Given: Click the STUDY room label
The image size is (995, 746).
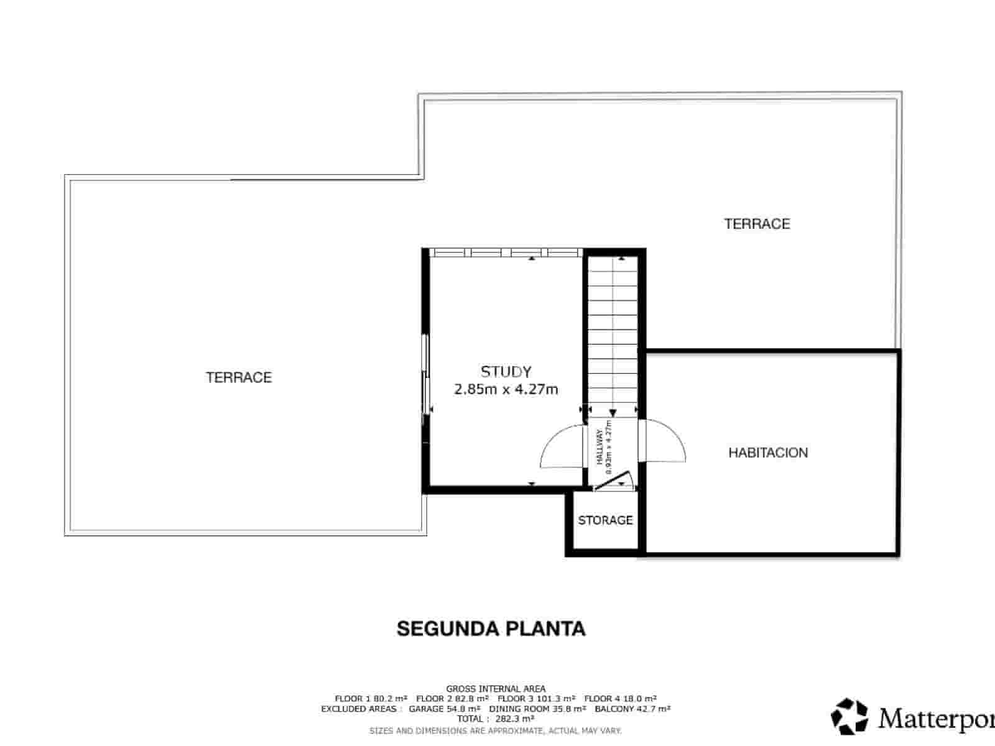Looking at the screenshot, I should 506,372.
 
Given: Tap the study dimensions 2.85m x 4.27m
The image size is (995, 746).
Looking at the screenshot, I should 506,390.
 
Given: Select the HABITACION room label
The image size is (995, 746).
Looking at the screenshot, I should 768,453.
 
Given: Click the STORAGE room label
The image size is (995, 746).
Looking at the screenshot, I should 605,520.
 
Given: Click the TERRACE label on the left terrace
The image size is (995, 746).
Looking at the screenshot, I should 239,377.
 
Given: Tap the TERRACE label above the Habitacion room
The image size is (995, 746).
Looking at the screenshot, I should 757,224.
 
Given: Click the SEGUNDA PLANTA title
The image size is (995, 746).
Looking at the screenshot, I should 491,629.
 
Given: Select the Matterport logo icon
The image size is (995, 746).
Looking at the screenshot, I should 849,716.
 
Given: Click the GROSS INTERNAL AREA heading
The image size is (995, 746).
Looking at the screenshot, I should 496,688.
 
